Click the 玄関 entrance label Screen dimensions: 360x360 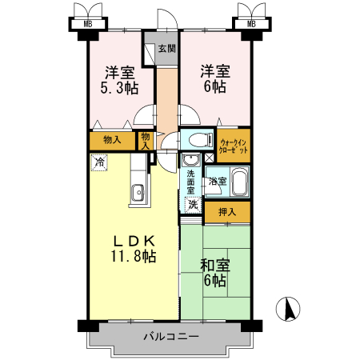click(x=166, y=48)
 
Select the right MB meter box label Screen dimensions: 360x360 click(x=252, y=23)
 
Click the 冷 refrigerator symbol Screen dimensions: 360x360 click(x=98, y=162)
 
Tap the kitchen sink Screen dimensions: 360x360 click(x=138, y=191)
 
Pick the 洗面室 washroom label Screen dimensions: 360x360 click(x=191, y=183)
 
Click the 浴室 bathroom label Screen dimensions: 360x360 click(x=217, y=182)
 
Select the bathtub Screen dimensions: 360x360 click(x=238, y=182)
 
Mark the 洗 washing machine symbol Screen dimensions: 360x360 click(x=193, y=205)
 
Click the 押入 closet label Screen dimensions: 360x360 click(x=227, y=211)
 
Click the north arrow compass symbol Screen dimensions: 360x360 click(x=288, y=308)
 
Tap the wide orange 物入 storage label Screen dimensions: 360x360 click(x=113, y=140)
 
